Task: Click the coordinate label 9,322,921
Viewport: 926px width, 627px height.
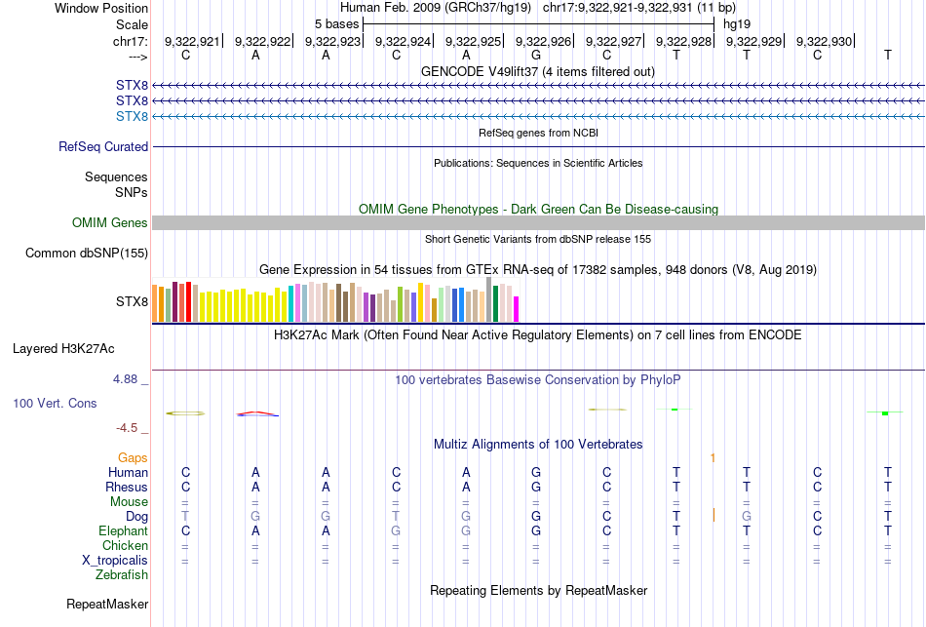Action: [x=192, y=41]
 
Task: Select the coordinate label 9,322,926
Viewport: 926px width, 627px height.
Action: [x=543, y=41]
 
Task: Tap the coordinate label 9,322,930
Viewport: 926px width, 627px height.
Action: [x=824, y=41]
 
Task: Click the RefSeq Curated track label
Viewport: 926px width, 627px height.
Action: [x=103, y=147]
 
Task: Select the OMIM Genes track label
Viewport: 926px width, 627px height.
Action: [x=110, y=223]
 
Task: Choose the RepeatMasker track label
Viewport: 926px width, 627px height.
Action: [x=107, y=605]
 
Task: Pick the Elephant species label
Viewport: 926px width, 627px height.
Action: [x=123, y=531]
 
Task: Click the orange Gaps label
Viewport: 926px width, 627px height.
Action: [x=133, y=457]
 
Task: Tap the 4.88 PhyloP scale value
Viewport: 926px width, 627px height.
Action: [x=129, y=378]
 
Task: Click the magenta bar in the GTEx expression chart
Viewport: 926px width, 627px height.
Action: [x=516, y=308]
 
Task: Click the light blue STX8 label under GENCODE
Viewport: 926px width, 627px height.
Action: [x=132, y=117]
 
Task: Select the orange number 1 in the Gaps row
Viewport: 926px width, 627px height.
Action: [x=714, y=457]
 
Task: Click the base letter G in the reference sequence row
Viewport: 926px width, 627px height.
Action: [x=536, y=56]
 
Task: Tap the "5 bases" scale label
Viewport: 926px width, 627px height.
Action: [x=336, y=23]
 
